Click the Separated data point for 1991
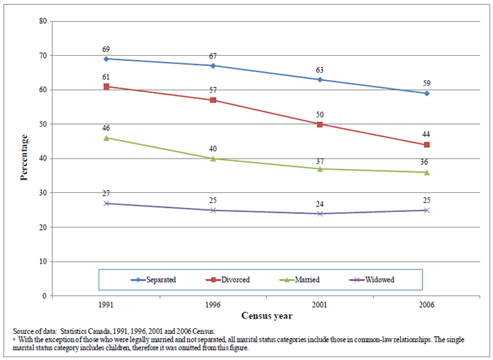[x=106, y=58]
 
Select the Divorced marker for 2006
[x=427, y=144]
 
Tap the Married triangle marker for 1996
[x=213, y=159]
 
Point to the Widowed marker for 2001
[x=320, y=213]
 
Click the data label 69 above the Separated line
[x=106, y=49]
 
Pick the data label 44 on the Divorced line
[x=427, y=135]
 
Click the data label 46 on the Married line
[x=106, y=128]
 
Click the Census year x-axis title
[x=266, y=316]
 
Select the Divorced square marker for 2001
[x=320, y=124]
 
